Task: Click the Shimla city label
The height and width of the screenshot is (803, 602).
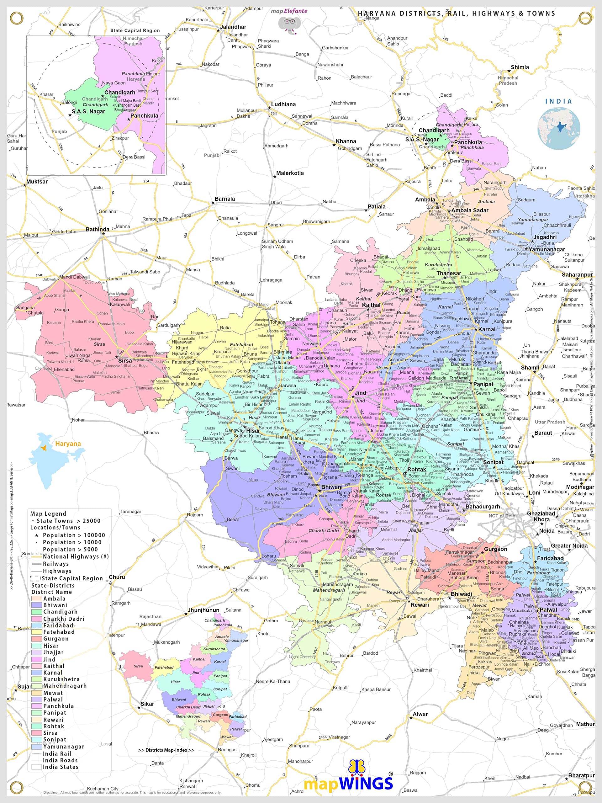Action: [x=520, y=67]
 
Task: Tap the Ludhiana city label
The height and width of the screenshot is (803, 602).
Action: [x=283, y=104]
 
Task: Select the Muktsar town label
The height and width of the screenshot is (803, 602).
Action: [x=37, y=182]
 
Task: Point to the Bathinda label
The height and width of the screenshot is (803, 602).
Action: [x=97, y=229]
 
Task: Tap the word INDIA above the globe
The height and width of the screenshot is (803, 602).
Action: [x=558, y=101]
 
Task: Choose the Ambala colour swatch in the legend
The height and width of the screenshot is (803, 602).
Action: [x=37, y=598]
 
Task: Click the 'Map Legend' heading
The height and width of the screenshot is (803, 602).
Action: [x=48, y=514]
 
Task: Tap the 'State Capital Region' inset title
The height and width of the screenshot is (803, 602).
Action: [x=135, y=30]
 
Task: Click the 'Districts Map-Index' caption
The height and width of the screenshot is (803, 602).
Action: [x=166, y=750]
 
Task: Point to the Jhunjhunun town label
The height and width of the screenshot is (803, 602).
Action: [x=203, y=610]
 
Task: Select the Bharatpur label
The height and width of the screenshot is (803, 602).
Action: [x=581, y=775]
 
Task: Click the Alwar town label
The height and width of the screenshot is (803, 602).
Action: [x=420, y=714]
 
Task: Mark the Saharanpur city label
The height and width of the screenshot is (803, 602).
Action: [x=577, y=275]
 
